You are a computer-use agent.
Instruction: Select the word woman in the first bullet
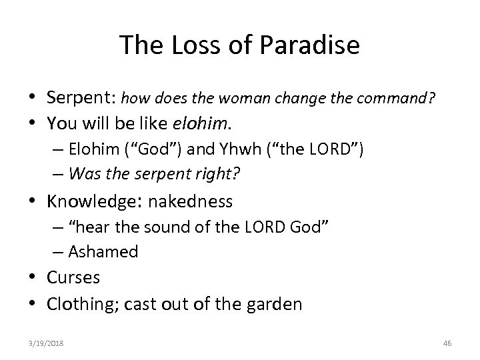(255, 100)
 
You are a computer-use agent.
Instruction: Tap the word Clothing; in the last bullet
(82, 304)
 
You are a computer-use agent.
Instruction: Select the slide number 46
(447, 342)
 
